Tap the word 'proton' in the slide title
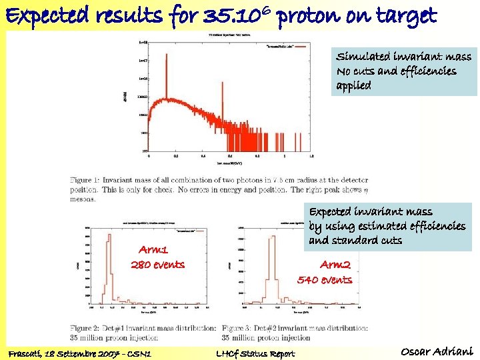307,15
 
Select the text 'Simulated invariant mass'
403,57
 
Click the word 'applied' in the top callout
354,85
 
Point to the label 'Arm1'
153,250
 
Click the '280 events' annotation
157,265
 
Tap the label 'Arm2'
335,265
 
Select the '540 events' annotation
325,280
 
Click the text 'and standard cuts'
355,240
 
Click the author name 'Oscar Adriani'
437,351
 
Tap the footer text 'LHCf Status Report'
255,353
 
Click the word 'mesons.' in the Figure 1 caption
85,199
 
